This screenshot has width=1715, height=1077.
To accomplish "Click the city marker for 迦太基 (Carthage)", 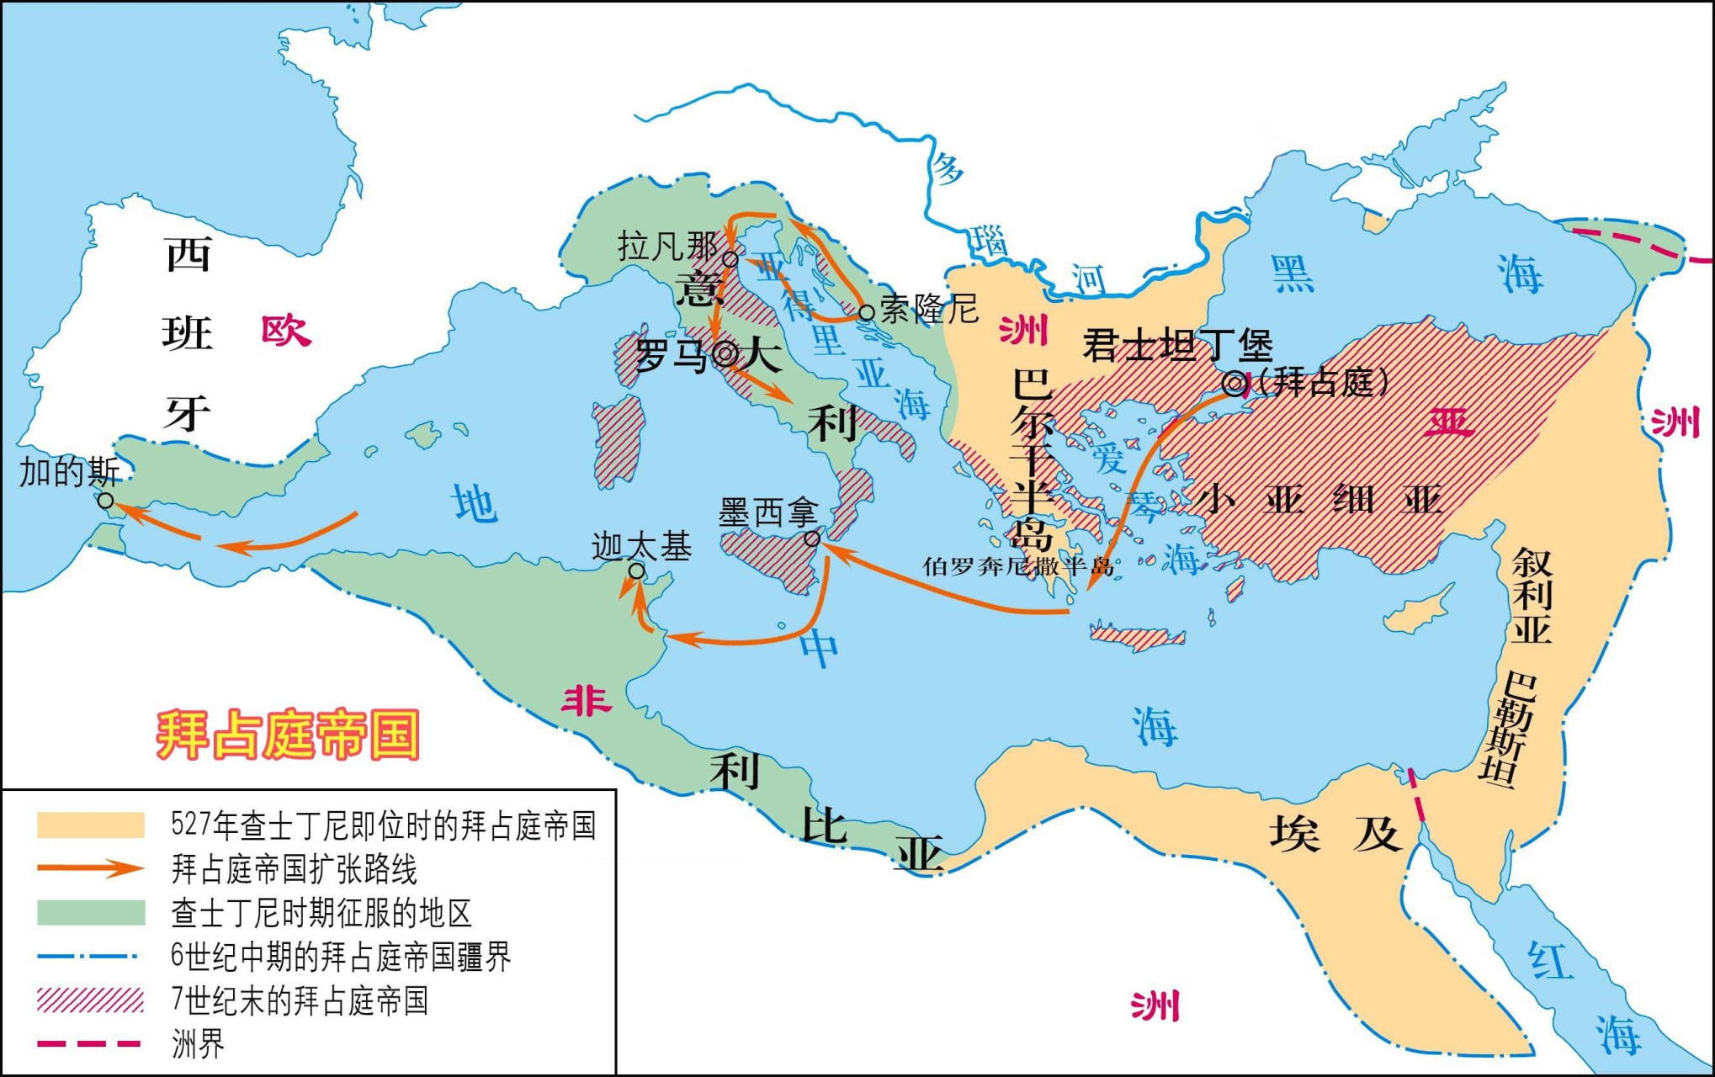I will pyautogui.click(x=637, y=571).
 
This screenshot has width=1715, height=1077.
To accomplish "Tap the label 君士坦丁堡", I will pyautogui.click(x=1176, y=346).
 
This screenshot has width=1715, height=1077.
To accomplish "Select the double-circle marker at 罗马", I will pyautogui.click(x=725, y=354).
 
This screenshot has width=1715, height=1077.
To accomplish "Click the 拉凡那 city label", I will pyautogui.click(x=667, y=247).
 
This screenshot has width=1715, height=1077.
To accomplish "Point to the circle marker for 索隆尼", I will pyautogui.click(x=866, y=313).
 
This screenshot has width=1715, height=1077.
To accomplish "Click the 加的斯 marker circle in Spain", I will pyautogui.click(x=106, y=501).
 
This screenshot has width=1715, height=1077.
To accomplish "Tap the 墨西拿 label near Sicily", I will pyautogui.click(x=767, y=512).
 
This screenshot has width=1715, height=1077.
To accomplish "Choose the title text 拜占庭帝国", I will pyautogui.click(x=288, y=735).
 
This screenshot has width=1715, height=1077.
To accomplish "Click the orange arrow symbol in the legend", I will pyautogui.click(x=91, y=869).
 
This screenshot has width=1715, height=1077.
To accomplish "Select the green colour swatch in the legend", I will pyautogui.click(x=91, y=913).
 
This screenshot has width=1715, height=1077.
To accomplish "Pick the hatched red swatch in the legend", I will pyautogui.click(x=91, y=1000).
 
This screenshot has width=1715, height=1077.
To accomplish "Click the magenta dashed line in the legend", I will pyautogui.click(x=91, y=1044).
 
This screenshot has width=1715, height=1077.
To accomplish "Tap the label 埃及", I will pyautogui.click(x=1335, y=834).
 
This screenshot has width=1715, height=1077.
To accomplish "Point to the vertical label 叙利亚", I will pyautogui.click(x=1531, y=596).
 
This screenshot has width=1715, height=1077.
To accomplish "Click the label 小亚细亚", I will pyautogui.click(x=1319, y=500).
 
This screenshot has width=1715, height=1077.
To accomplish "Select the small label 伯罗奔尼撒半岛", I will pyautogui.click(x=1017, y=566).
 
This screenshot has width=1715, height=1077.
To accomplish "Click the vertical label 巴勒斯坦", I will pyautogui.click(x=1510, y=729).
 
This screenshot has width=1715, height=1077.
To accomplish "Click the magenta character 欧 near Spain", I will pyautogui.click(x=285, y=331).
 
